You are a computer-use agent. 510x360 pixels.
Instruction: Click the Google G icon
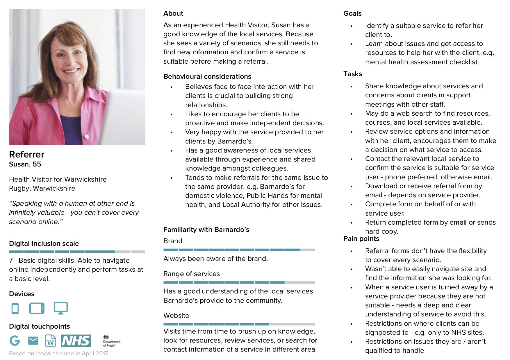(15, 340)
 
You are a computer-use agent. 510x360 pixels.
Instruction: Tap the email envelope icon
(33, 340)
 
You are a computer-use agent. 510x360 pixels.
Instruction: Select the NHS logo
(76, 341)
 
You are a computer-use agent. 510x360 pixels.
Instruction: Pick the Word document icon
(51, 341)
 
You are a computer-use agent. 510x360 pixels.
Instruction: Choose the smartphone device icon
(15, 308)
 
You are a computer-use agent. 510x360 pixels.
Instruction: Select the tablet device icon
(37, 308)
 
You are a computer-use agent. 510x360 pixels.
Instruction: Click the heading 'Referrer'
(27, 154)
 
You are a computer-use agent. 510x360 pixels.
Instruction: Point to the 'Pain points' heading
(361, 239)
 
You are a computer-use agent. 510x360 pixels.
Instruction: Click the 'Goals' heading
(352, 13)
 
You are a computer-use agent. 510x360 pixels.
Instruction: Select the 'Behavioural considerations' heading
(207, 76)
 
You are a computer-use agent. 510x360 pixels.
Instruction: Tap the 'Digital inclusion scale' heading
(44, 243)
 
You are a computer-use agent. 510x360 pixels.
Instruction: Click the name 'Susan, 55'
(25, 164)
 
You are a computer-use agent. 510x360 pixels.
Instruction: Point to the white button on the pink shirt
(86, 136)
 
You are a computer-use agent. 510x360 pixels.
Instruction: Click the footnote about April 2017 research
(58, 353)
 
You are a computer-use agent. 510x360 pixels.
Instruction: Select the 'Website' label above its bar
(176, 316)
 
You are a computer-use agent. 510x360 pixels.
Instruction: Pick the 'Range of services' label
(191, 274)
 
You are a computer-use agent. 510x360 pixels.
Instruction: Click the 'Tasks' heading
(352, 74)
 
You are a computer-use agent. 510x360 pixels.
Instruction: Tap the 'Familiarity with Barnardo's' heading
(206, 230)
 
